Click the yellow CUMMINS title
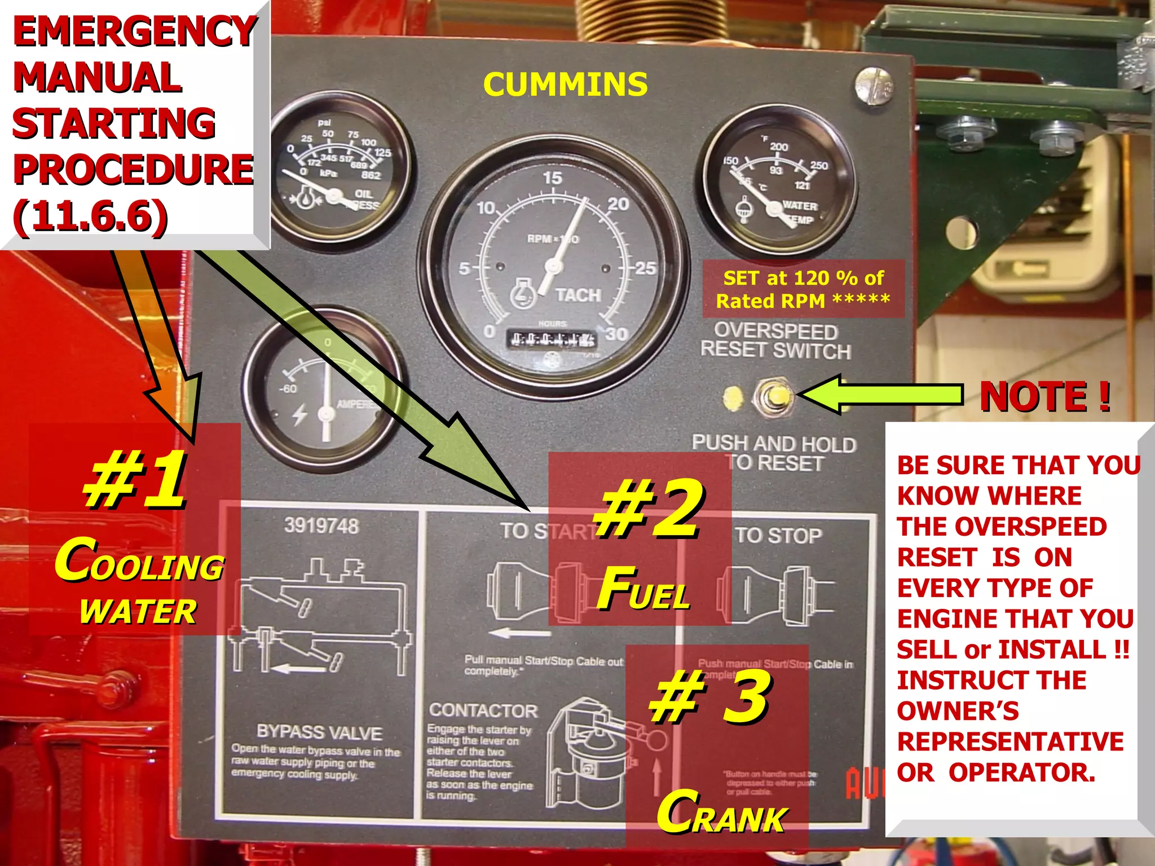tap(565, 85)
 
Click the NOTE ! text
tap(1045, 396)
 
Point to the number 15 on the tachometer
tap(553, 178)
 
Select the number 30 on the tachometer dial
tap(616, 334)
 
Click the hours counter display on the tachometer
tap(552, 339)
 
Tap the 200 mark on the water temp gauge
tap(779, 147)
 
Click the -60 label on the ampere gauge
tap(288, 389)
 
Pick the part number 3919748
tap(321, 526)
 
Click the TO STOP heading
tap(778, 535)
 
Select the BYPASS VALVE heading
tap(319, 732)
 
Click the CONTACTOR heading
tap(483, 710)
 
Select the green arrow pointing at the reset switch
tap(880, 395)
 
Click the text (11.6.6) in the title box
tap(90, 216)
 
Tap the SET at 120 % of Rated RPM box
tap(803, 289)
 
